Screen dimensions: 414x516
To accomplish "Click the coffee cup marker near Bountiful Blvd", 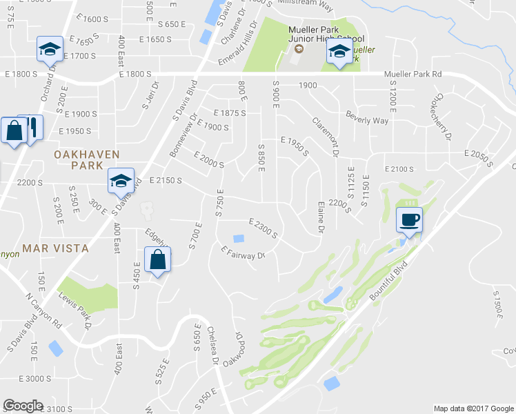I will tap(409, 220).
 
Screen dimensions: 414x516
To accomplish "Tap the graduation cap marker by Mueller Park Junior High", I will tap(339, 52).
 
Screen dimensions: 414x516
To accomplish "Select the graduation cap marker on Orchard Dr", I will tap(50, 49).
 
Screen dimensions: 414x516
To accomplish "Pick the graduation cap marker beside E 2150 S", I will tap(120, 181).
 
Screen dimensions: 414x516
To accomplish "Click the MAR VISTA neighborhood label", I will tap(54, 248).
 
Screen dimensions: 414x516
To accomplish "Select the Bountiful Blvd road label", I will tap(391, 279).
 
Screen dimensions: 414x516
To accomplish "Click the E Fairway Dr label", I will tap(243, 254).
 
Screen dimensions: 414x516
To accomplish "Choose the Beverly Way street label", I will tap(367, 117).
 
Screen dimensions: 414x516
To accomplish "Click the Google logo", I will tap(23, 406).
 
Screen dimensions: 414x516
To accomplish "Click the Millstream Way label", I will tap(307, 6).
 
